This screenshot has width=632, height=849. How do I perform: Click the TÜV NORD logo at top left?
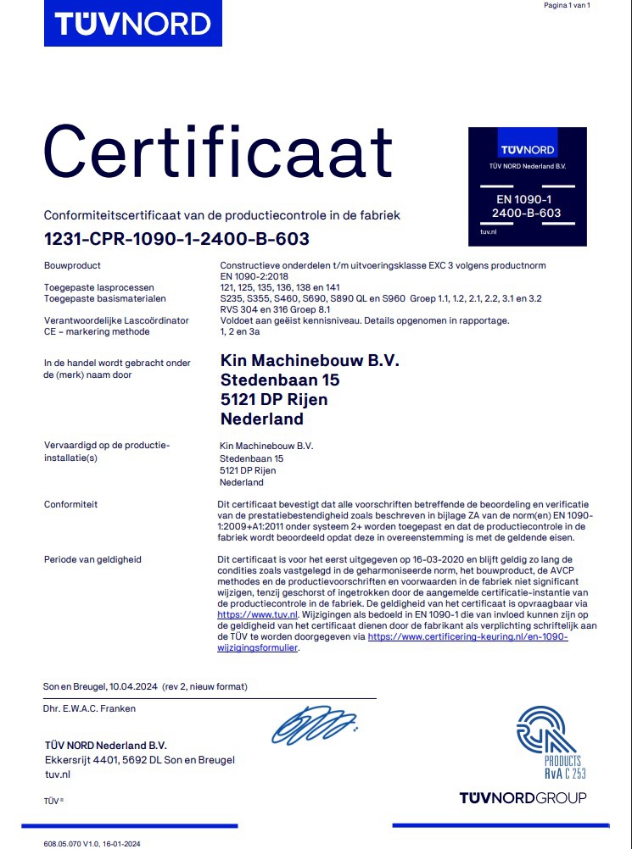coord(132,23)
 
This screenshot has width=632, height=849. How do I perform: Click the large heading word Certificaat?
coord(218,151)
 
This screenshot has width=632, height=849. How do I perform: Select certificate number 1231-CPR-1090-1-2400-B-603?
coord(176,239)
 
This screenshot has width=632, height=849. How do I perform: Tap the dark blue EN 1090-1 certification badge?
coord(527,186)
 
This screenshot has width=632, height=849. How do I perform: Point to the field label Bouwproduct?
coord(72,266)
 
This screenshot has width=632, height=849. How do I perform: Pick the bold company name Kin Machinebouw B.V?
coord(309,360)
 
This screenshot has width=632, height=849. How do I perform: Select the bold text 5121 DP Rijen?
coord(273,399)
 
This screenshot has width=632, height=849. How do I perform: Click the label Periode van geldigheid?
coord(92,560)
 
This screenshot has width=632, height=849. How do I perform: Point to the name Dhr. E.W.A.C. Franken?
coord(89,708)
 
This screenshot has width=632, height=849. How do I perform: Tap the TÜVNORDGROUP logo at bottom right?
coord(523,798)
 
